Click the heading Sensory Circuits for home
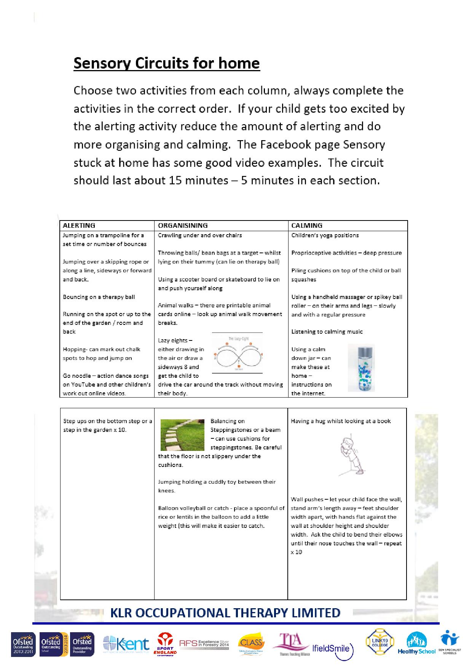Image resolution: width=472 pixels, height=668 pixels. [x=166, y=63]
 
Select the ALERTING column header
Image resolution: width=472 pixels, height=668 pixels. [x=79, y=225]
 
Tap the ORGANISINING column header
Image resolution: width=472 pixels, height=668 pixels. [x=183, y=225]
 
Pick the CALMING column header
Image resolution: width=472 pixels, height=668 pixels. [x=307, y=225]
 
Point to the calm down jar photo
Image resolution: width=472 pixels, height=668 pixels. [x=361, y=368]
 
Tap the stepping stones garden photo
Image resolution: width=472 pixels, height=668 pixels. [x=183, y=435]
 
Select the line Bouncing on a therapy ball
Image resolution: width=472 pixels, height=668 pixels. [x=99, y=297]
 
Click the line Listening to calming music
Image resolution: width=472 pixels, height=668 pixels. [x=327, y=332]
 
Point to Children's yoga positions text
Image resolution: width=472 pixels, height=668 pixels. [x=325, y=235]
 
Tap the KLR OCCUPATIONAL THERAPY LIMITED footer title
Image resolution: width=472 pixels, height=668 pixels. [x=225, y=613]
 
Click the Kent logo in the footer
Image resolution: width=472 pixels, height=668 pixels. [x=126, y=644]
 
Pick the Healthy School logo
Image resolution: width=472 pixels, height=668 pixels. [x=416, y=644]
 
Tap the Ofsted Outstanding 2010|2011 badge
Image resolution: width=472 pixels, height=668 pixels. [x=23, y=644]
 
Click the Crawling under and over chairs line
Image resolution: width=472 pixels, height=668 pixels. [x=200, y=235]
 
